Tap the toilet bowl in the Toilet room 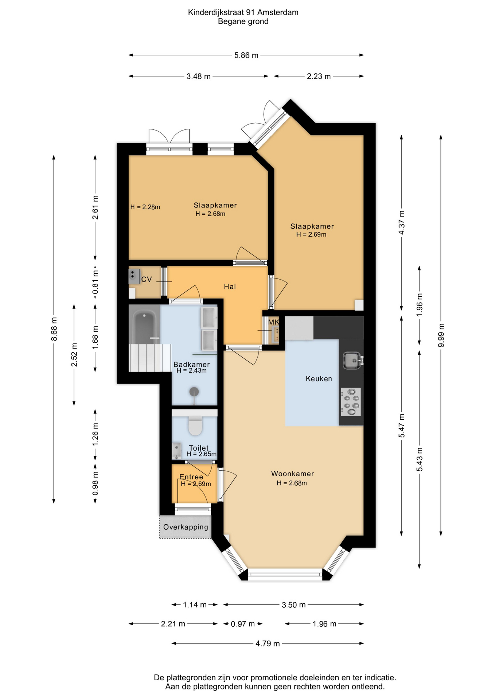[x=195, y=425]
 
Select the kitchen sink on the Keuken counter [x=352, y=360]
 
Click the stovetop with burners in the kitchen [x=351, y=402]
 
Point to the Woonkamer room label [x=292, y=474]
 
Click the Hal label [x=230, y=287]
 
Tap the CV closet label [x=146, y=279]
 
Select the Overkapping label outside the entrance [x=186, y=527]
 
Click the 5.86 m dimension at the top [x=246, y=55]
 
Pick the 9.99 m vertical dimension [x=441, y=335]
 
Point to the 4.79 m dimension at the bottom [x=268, y=643]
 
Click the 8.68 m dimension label [x=54, y=329]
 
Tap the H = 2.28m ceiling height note [x=145, y=207]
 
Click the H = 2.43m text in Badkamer [x=191, y=370]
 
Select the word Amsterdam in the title [x=278, y=12]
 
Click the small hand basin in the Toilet [x=177, y=451]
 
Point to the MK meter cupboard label [x=273, y=322]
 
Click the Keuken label [x=319, y=378]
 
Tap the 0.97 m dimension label [x=243, y=624]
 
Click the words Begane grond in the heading [x=243, y=22]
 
